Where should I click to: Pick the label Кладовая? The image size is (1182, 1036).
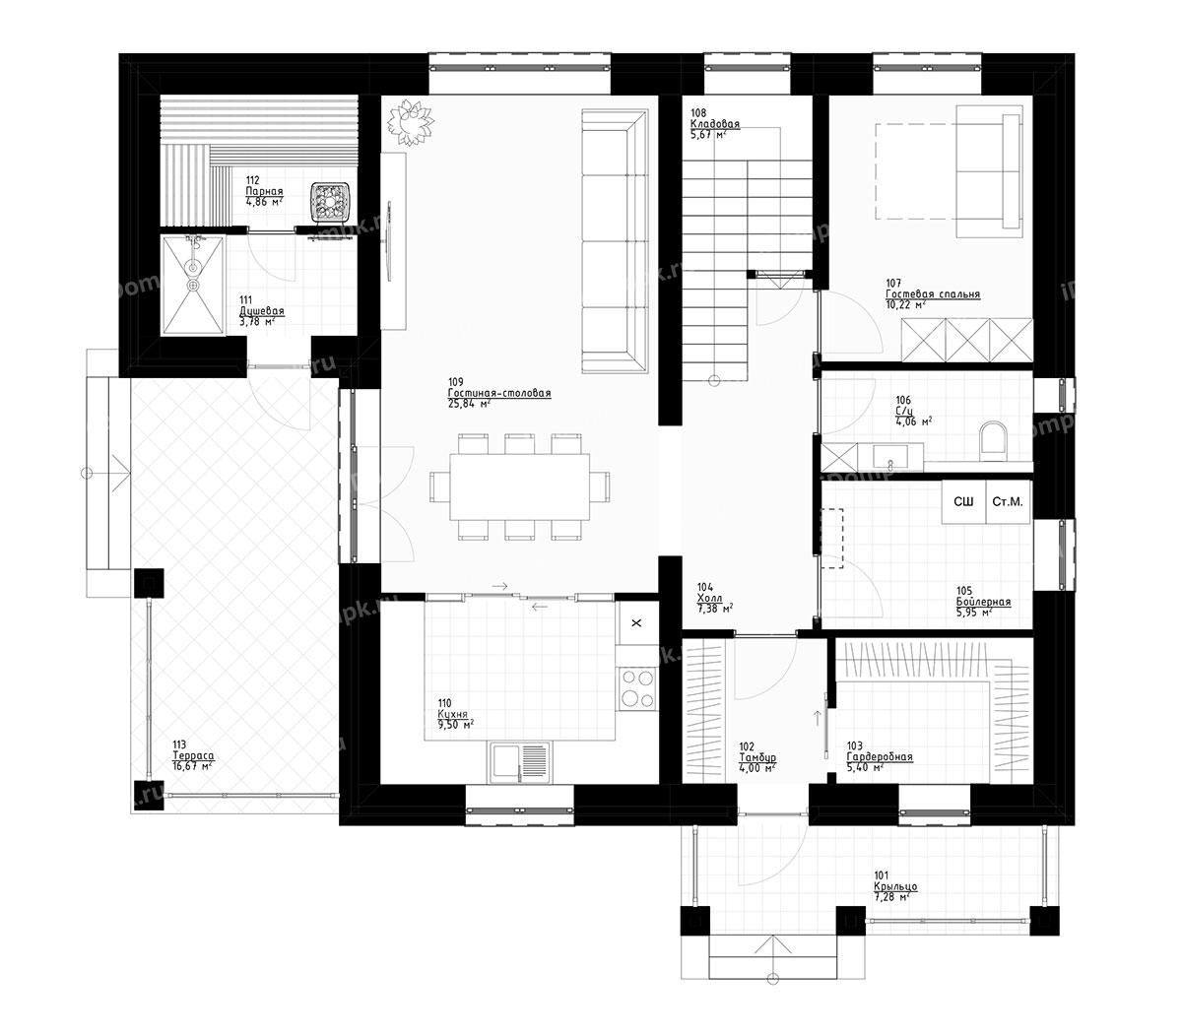pos(714,125)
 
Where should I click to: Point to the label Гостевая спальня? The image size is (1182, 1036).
pos(932,294)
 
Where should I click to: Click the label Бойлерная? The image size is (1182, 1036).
pos(982,602)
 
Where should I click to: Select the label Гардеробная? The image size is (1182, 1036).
pos(879,757)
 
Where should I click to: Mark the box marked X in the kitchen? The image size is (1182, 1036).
pos(635,623)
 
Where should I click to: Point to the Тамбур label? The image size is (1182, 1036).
pos(757,757)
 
